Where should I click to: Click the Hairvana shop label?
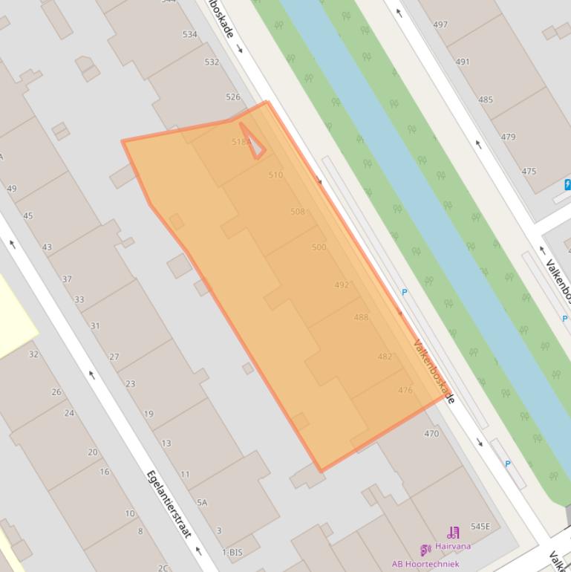tap(453, 546)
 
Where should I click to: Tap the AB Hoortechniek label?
tap(425, 564)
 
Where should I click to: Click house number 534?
tap(189, 34)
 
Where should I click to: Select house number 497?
tap(440, 24)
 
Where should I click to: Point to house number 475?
tap(529, 171)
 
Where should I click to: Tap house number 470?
tap(431, 433)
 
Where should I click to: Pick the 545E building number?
tap(480, 527)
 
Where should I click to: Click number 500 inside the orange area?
tap(319, 247)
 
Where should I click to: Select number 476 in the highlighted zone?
tap(405, 390)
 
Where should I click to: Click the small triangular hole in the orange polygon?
tap(254, 143)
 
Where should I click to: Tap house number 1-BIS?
tap(232, 553)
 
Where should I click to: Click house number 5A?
tap(202, 503)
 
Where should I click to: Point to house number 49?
tap(11, 189)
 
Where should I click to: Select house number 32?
tap(33, 354)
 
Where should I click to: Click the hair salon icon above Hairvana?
tap(453, 533)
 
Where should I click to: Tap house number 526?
tap(233, 97)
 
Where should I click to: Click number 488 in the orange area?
tap(361, 317)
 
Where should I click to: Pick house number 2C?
tap(163, 568)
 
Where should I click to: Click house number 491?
tap(463, 62)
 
